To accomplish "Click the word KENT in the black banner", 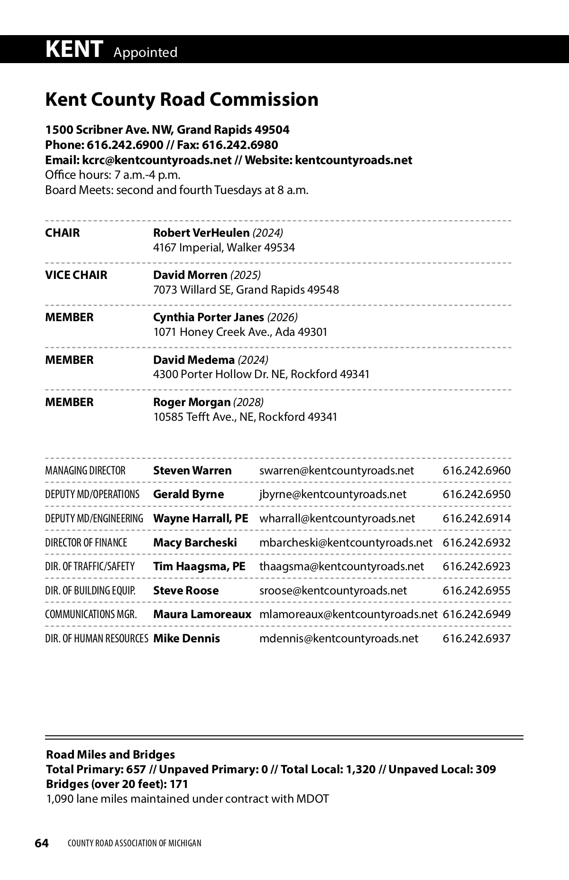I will coord(74,49).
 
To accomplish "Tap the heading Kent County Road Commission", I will coord(182,100).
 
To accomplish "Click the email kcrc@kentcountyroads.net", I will coord(157,160).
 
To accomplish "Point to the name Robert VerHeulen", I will coord(201,233).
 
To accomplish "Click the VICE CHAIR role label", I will coord(76,275).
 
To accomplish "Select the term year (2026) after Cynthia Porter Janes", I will coord(283,317).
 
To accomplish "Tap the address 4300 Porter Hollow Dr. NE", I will coord(220,374).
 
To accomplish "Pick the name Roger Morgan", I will coord(192,402).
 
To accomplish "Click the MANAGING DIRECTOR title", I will coord(85,471).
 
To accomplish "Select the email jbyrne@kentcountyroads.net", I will coord(332,494).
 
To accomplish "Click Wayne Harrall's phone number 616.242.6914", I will coord(477,519).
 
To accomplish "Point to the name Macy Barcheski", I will coord(195,543).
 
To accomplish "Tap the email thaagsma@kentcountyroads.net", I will coord(341,566).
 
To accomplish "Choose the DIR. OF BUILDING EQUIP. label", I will coord(90,591).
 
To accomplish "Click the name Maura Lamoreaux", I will coord(202,614).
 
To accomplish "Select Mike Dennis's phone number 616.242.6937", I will coord(477,639).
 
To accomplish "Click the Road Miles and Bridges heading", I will coord(110,755).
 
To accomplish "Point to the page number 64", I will coord(42,843).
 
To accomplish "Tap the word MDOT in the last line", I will coord(312,799).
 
